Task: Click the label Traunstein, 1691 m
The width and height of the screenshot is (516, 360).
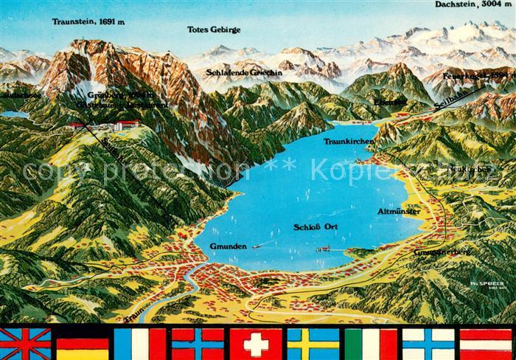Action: (88, 22)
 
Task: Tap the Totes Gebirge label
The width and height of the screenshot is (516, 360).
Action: (214, 30)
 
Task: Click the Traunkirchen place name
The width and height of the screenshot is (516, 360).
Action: (350, 140)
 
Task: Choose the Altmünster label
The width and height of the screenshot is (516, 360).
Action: (399, 211)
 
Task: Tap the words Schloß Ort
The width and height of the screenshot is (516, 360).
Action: (316, 227)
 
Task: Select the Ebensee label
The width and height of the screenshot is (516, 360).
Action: (390, 101)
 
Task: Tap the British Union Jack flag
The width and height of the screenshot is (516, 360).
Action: (25, 344)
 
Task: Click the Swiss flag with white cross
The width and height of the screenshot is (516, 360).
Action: (255, 344)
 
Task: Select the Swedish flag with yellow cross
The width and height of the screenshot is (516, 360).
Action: (313, 344)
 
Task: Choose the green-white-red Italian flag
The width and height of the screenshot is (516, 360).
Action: (371, 344)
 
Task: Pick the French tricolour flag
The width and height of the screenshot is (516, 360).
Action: (140, 344)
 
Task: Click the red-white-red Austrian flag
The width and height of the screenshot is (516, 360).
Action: (486, 344)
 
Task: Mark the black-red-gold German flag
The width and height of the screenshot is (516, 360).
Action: (83, 344)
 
